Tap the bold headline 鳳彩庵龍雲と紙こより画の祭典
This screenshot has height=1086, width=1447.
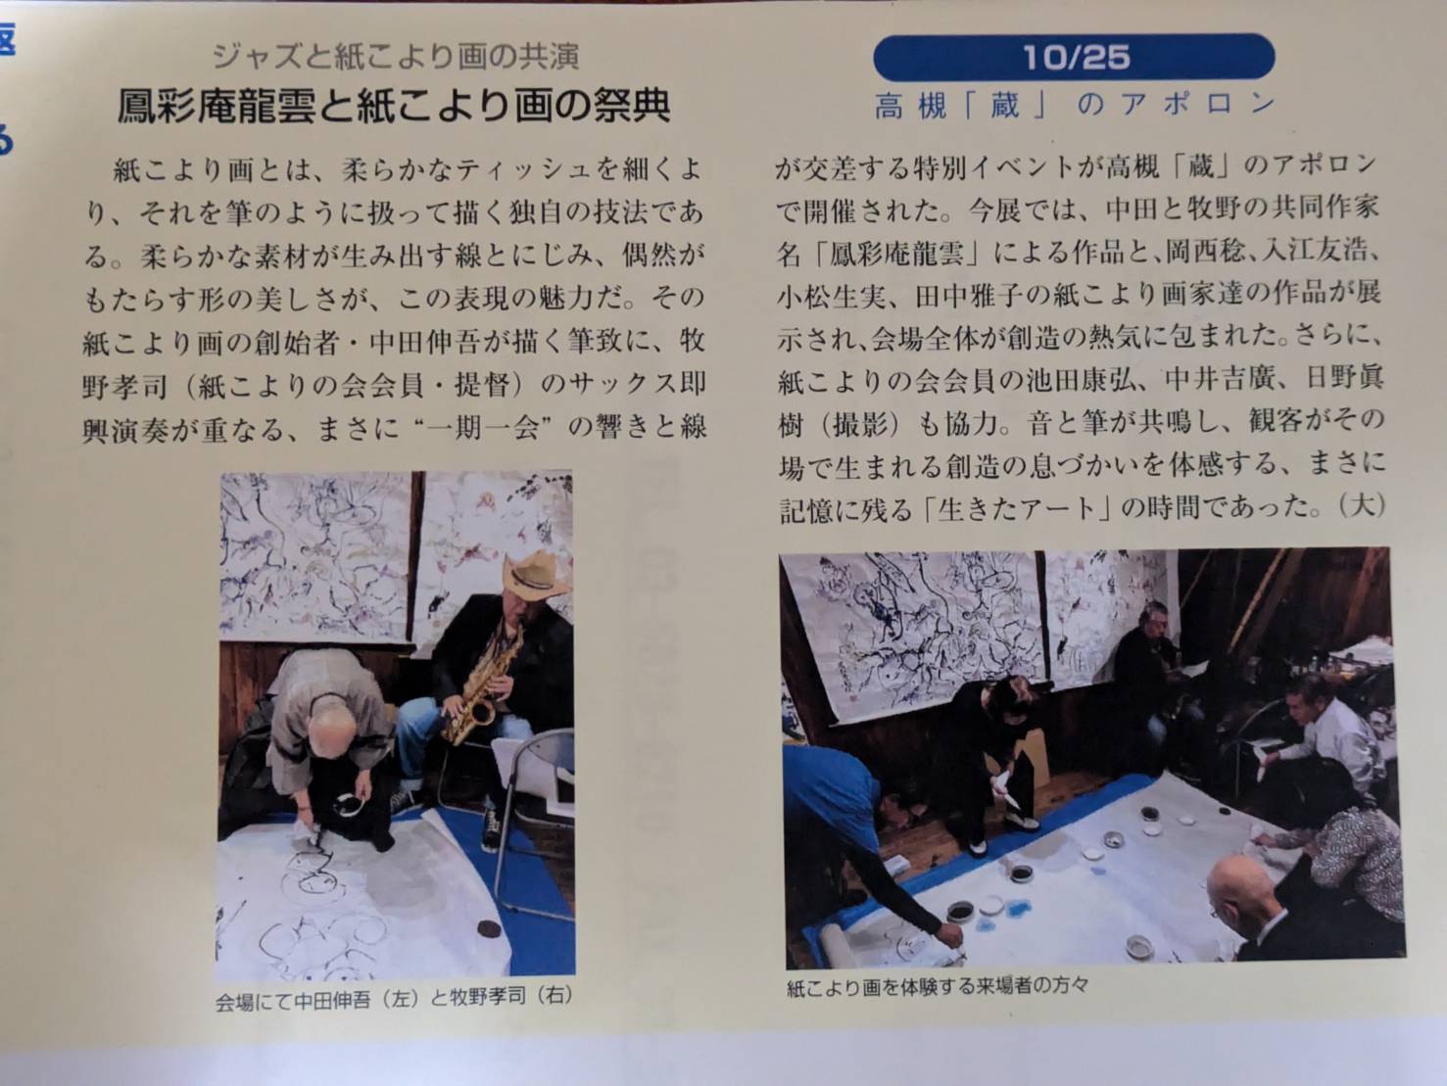coord(394,107)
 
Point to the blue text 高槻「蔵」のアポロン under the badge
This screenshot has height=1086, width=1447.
coord(1075,105)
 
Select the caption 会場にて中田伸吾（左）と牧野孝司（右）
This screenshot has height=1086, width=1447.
coord(394,996)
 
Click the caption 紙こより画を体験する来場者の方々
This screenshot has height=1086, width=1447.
coord(937,986)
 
